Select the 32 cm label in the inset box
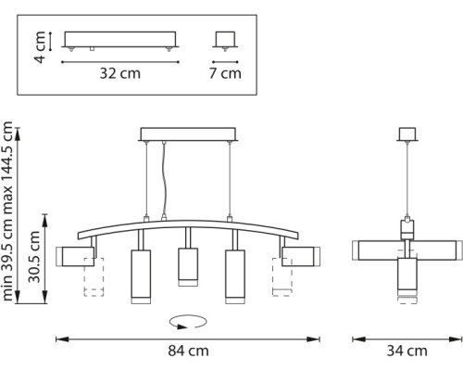pos(120,74)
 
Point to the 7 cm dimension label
pos(224,74)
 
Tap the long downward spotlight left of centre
pos(142,276)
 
